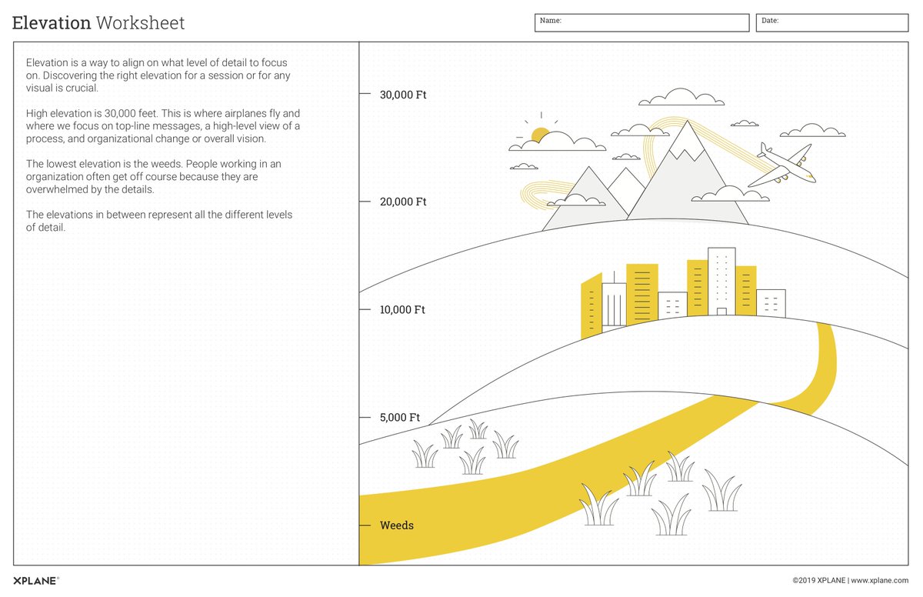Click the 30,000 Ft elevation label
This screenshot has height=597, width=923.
click(x=403, y=95)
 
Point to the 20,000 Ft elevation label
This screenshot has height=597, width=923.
click(x=403, y=202)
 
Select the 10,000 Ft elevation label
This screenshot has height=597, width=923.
click(x=402, y=310)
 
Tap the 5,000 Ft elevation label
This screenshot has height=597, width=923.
click(x=400, y=418)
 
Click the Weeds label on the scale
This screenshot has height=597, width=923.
click(x=397, y=525)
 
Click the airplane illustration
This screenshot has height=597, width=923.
click(x=785, y=165)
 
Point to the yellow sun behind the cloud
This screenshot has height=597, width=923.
click(x=540, y=135)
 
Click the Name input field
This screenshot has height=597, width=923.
click(x=641, y=23)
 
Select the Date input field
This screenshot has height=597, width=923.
click(x=831, y=23)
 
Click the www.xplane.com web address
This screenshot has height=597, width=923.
click(x=880, y=581)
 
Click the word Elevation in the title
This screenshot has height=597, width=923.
click(x=52, y=23)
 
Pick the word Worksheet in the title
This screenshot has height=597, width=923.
click(x=140, y=23)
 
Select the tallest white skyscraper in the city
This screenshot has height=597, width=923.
click(x=721, y=281)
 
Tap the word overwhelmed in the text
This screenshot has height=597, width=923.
click(x=58, y=189)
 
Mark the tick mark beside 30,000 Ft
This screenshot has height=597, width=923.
click(x=365, y=95)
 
